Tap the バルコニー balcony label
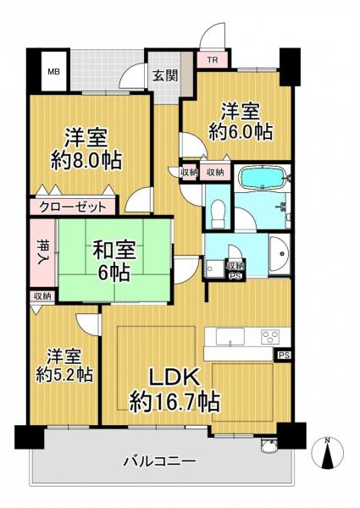(x=159, y=462)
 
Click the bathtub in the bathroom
(x=263, y=180)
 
